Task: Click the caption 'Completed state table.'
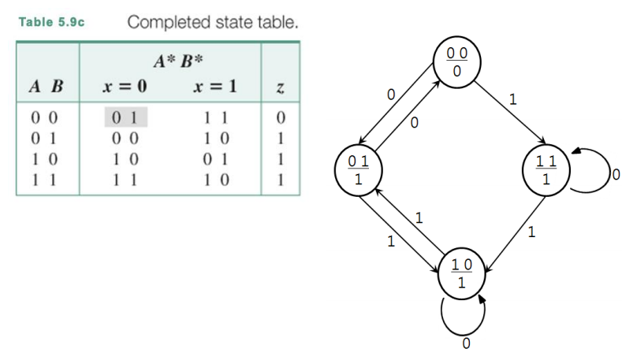(213, 21)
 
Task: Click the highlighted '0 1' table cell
(126, 119)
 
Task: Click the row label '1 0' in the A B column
(47, 161)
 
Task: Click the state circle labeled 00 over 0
(457, 60)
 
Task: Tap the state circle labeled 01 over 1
(359, 169)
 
